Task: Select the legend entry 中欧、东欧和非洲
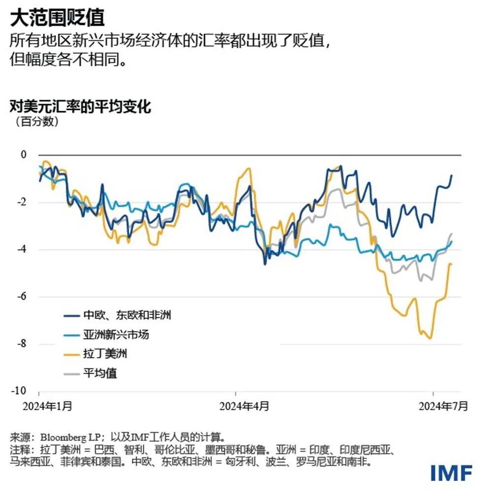click(x=127, y=316)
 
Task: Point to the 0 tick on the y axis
click(x=23, y=155)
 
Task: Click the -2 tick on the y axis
click(x=21, y=202)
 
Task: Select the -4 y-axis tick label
click(x=21, y=249)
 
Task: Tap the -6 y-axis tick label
click(x=21, y=297)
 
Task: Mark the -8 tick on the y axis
click(x=21, y=344)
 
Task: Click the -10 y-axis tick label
click(x=19, y=391)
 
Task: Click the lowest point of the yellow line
click(x=430, y=339)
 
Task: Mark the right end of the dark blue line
click(x=451, y=176)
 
